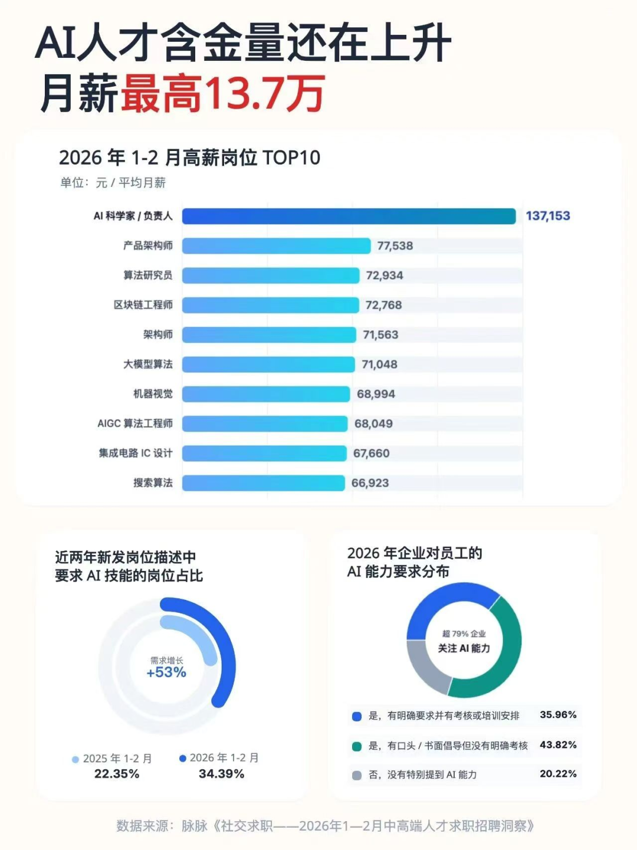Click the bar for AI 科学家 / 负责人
coord(349,216)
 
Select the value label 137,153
coord(548,216)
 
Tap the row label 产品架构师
coord(147,245)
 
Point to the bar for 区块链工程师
coord(270,305)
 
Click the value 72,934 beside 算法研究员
coord(385,275)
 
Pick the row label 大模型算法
coord(147,364)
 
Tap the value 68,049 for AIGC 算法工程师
coord(373,424)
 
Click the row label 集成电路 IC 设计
coord(136,453)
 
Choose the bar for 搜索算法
coord(263,483)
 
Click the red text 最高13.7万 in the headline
coord(223,94)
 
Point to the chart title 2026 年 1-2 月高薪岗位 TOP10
coord(189,157)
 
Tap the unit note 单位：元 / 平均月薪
coord(113,183)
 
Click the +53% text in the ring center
coord(166,672)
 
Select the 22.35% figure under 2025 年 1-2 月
coord(117,774)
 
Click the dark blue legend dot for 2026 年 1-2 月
coord(183,759)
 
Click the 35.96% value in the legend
coord(558,715)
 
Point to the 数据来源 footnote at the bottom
coord(325,826)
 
